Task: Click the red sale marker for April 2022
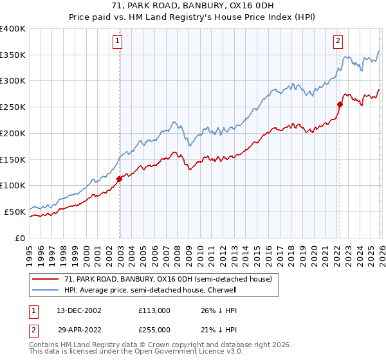click(x=340, y=104)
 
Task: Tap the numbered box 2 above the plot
click(x=338, y=42)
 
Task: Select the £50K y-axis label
click(x=15, y=212)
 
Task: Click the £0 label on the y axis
click(x=21, y=238)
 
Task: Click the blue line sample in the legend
click(x=46, y=290)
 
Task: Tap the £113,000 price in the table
click(x=154, y=310)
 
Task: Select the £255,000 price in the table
click(x=154, y=330)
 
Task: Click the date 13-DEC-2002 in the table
click(x=73, y=310)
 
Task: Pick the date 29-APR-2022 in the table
click(x=73, y=330)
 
